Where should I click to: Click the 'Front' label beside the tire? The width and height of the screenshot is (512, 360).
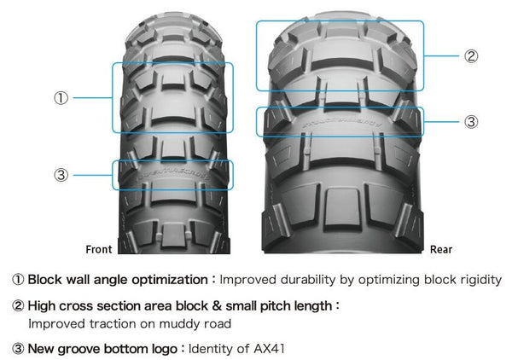(99, 249)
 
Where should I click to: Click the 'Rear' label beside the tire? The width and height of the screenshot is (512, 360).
(441, 249)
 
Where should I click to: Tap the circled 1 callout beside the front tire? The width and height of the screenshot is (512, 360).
(61, 98)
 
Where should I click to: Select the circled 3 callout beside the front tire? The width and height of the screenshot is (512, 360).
(61, 175)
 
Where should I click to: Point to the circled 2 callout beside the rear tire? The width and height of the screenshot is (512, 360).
(471, 56)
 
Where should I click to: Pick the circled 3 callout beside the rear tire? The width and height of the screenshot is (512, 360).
(471, 122)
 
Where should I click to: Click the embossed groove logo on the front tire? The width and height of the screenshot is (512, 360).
(173, 177)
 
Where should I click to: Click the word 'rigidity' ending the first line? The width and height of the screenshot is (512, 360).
(481, 280)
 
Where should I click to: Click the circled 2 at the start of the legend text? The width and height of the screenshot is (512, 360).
(18, 305)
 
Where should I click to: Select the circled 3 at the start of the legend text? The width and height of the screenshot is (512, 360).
(18, 349)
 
